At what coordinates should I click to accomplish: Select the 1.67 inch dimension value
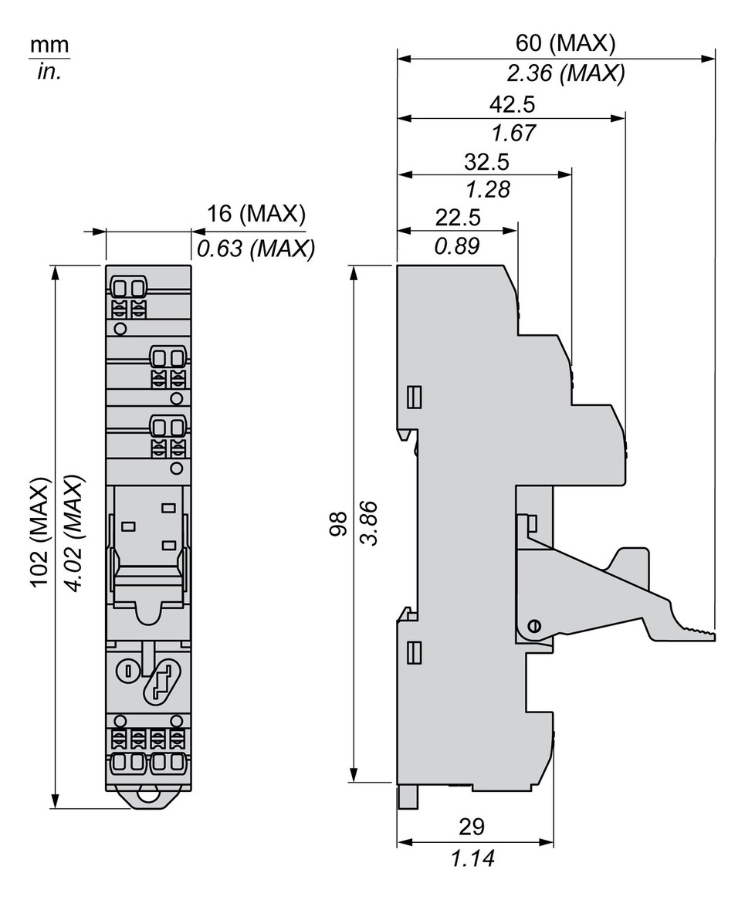tap(513, 133)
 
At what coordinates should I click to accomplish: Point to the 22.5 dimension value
tap(458, 218)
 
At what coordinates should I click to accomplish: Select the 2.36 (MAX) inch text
tap(566, 73)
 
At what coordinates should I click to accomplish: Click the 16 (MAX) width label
tap(256, 214)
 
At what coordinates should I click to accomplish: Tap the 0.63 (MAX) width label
tap(256, 249)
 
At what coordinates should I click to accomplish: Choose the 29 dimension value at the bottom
tap(472, 827)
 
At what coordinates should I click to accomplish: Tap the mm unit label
tap(49, 46)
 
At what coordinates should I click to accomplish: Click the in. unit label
tap(49, 73)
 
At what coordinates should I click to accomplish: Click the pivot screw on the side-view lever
tap(533, 626)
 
